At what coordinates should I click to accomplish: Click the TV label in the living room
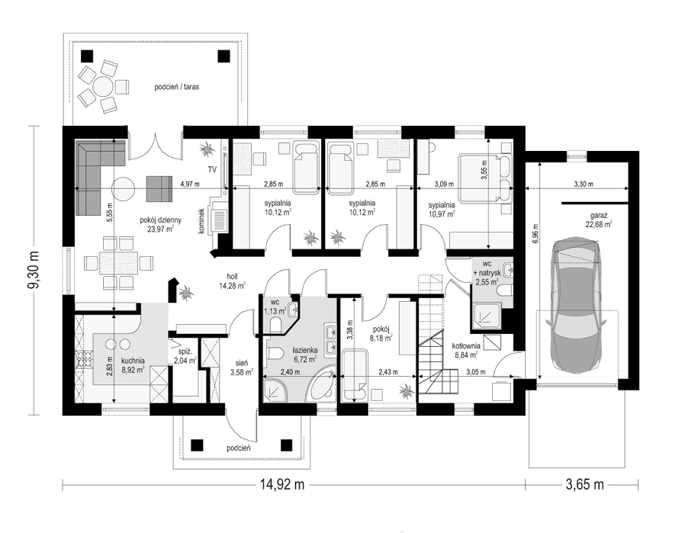pyautogui.click(x=212, y=169)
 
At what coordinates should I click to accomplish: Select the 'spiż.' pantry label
pyautogui.click(x=183, y=352)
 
